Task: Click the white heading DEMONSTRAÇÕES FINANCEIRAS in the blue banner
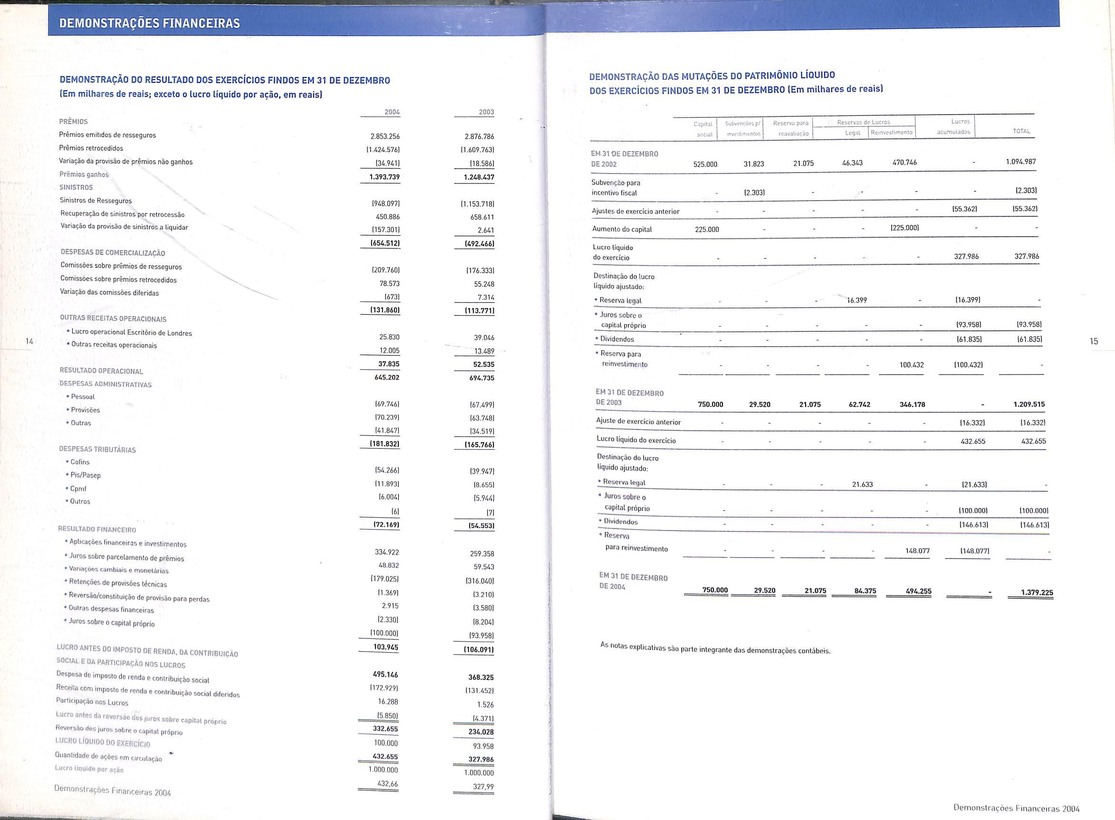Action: tap(149, 23)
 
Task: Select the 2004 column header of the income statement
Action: tap(392, 112)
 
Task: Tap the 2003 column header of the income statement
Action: tap(486, 112)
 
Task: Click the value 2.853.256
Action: tap(385, 136)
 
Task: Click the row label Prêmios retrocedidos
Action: tap(91, 148)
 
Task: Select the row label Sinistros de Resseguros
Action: tap(96, 201)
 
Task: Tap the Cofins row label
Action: tap(80, 462)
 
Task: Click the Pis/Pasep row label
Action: tap(86, 475)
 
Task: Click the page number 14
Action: tap(29, 341)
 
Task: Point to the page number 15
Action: tap(1094, 341)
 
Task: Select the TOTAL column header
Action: tap(1022, 132)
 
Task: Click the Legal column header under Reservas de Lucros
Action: tap(853, 133)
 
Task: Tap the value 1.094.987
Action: tap(1021, 162)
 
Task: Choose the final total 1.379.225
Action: tap(1037, 592)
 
